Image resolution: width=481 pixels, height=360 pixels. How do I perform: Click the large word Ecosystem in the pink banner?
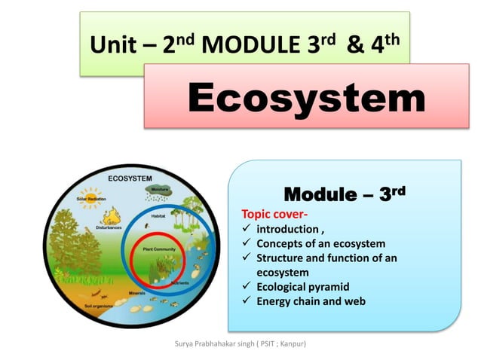pos(305,99)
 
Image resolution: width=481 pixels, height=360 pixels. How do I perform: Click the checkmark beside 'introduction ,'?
pos(245,229)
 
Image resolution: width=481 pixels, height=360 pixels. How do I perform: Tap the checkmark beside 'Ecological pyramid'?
pos(245,287)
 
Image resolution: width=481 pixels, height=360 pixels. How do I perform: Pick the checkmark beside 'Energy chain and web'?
pos(245,301)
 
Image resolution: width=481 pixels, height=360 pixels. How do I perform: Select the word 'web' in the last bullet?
pos(354,301)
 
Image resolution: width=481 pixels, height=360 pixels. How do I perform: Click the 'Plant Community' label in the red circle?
pos(159,247)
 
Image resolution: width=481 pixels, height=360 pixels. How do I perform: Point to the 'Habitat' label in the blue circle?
pos(158,216)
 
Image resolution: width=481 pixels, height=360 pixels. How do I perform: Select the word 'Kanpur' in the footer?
pos(298,344)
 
